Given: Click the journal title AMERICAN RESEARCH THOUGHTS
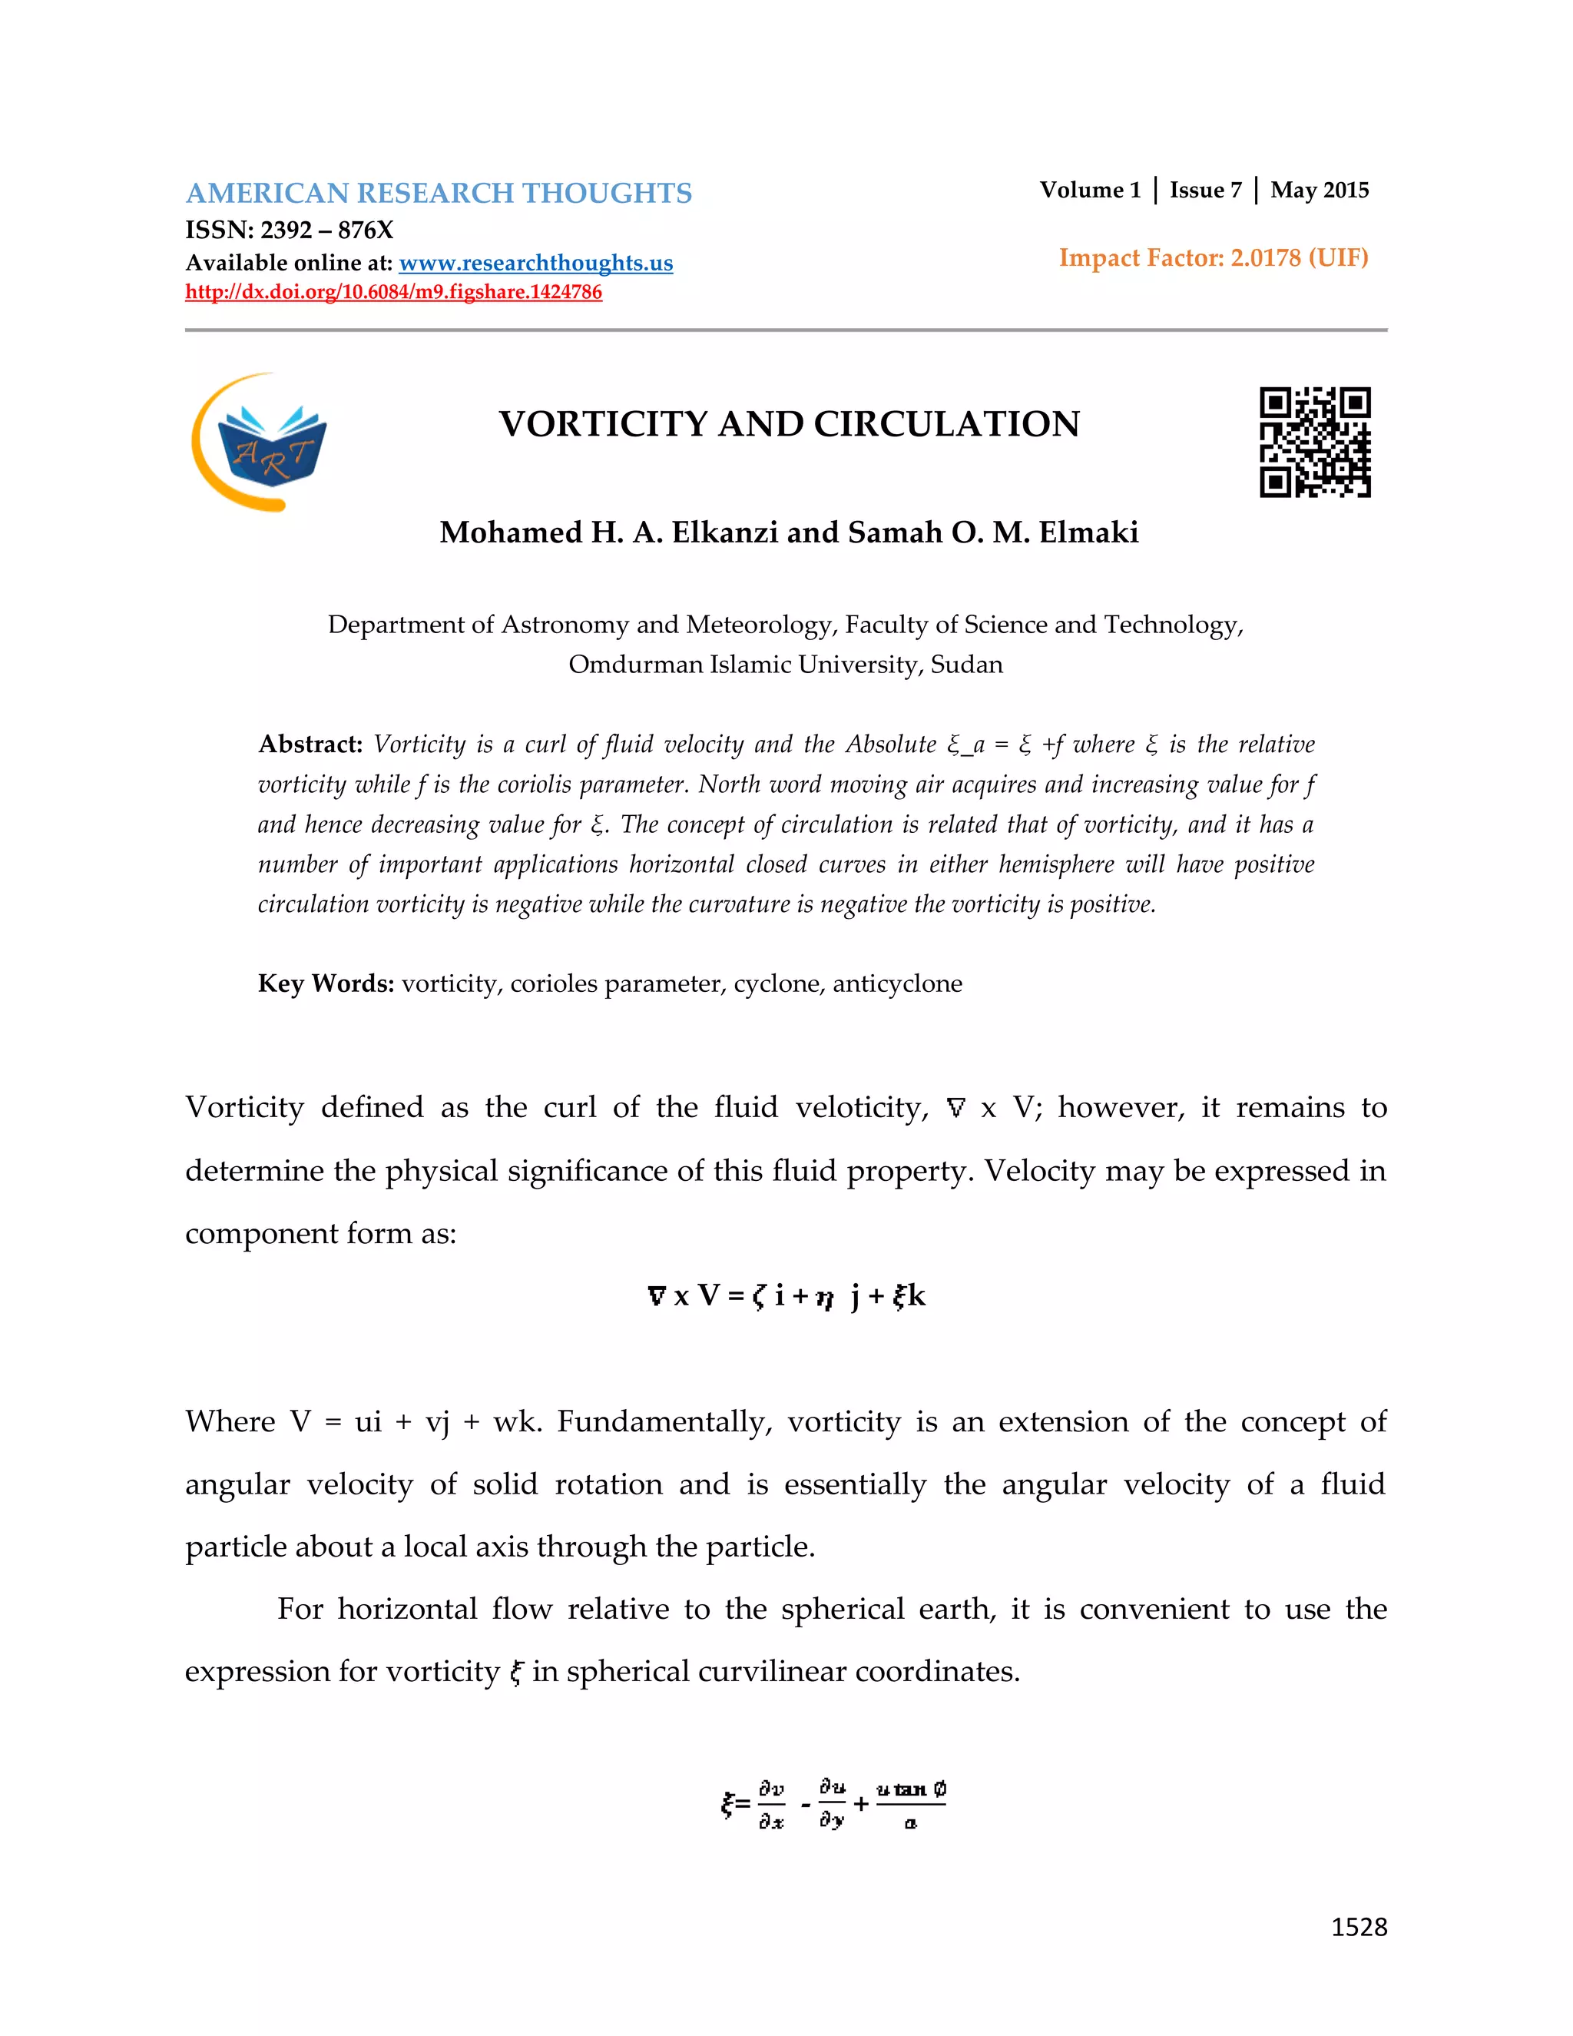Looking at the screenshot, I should click(x=438, y=193).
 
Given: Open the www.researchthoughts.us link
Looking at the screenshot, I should click(x=536, y=263).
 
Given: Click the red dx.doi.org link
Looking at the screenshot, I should click(x=393, y=292).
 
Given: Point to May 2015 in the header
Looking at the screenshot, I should click(x=1320, y=191).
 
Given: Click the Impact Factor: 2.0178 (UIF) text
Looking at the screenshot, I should click(x=1214, y=258).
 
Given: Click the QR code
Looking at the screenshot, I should click(x=1315, y=442).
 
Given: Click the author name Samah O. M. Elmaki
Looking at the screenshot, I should click(x=993, y=532).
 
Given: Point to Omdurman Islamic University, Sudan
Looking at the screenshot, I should click(x=786, y=665).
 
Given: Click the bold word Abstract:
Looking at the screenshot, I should click(x=310, y=744).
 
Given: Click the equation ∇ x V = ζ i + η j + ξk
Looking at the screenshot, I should click(x=786, y=1296).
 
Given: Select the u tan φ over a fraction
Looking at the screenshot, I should click(x=910, y=1804).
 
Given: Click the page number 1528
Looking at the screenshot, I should click(x=1359, y=1927).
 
